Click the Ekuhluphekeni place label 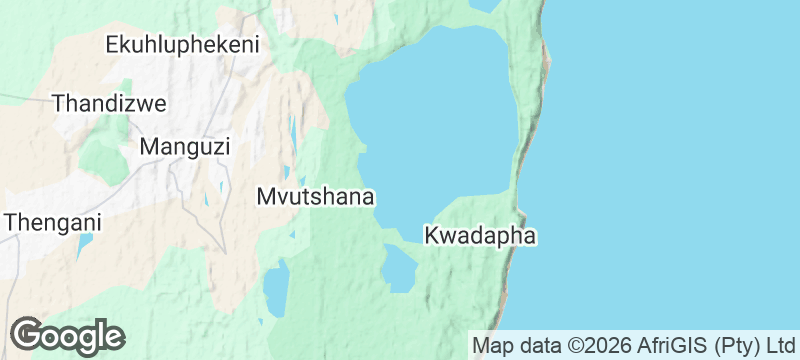182,44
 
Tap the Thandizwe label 109,103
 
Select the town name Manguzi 185,147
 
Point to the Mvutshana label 315,196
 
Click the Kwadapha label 481,237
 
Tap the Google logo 67,336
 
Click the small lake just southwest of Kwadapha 399,268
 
